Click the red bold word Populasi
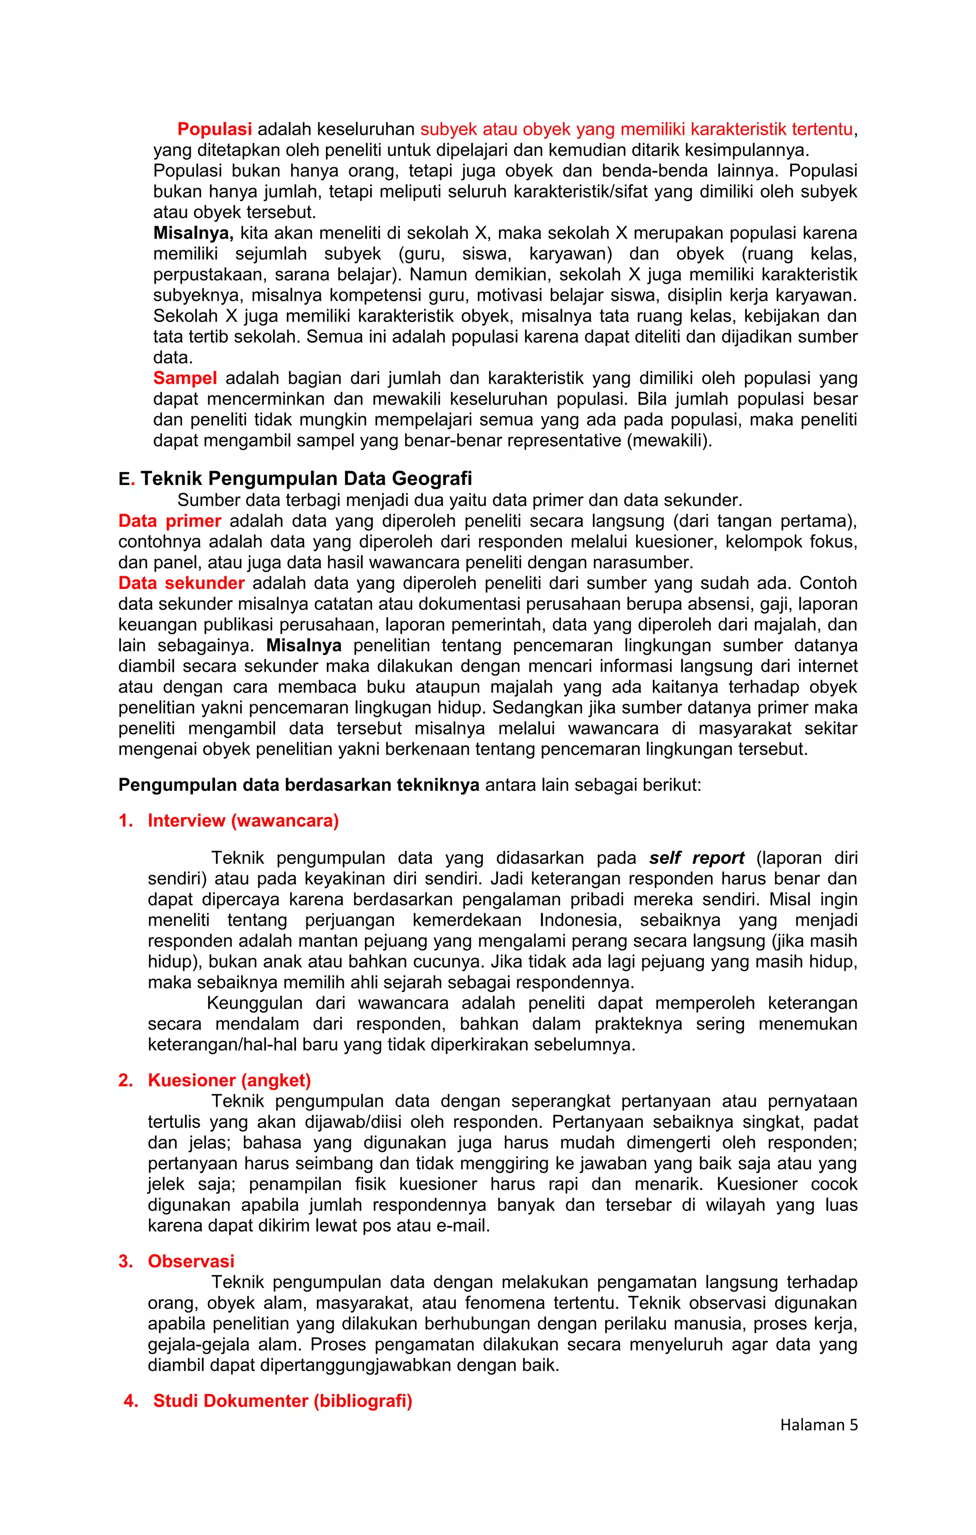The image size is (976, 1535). click(x=214, y=130)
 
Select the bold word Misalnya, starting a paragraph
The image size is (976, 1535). click(x=193, y=233)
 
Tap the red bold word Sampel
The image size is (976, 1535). click(x=185, y=379)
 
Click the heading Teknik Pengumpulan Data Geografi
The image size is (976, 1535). click(x=306, y=479)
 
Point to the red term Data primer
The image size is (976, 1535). click(x=170, y=522)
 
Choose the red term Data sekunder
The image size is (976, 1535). click(x=181, y=583)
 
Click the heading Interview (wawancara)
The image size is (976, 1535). click(x=243, y=821)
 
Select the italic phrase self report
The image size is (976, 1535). click(x=697, y=858)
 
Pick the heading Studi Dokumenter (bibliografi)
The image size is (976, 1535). click(x=283, y=1401)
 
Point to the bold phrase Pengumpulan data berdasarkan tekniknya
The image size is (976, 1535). click(x=298, y=785)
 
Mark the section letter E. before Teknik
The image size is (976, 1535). click(x=126, y=479)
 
